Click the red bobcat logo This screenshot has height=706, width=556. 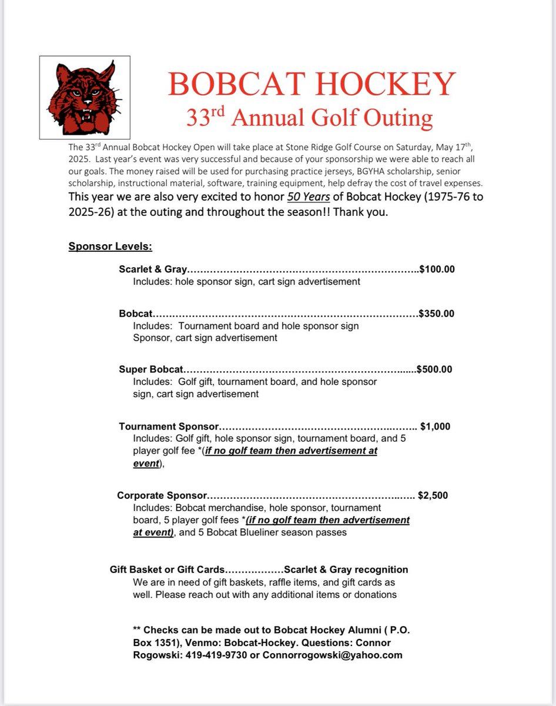85,97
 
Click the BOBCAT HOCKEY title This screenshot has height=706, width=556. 312,84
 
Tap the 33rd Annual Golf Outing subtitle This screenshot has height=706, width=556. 309,118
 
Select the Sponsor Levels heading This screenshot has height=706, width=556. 110,246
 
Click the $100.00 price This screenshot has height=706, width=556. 437,269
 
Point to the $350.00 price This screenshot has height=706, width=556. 436,314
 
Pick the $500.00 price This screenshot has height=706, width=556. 434,369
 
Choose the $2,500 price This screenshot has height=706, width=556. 433,495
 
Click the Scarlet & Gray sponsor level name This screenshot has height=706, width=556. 153,269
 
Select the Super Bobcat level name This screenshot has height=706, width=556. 151,369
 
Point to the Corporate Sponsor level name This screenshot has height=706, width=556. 162,495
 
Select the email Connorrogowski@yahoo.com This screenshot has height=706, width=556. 332,655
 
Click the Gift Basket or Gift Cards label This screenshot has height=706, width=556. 167,570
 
